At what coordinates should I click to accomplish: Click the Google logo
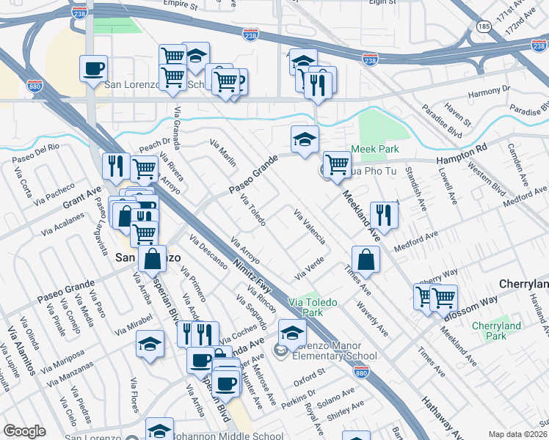click(x=24, y=431)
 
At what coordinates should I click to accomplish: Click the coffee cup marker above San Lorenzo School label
click(x=93, y=68)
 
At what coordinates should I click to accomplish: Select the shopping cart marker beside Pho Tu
click(x=337, y=164)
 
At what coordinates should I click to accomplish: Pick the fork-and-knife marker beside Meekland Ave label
click(x=384, y=213)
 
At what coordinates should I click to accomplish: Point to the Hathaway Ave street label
click(x=440, y=417)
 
